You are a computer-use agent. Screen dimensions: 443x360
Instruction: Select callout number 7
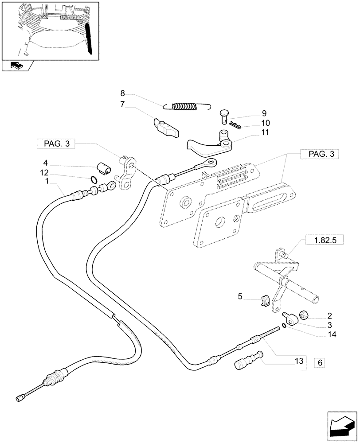123,105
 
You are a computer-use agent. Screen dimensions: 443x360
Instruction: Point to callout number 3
329,325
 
